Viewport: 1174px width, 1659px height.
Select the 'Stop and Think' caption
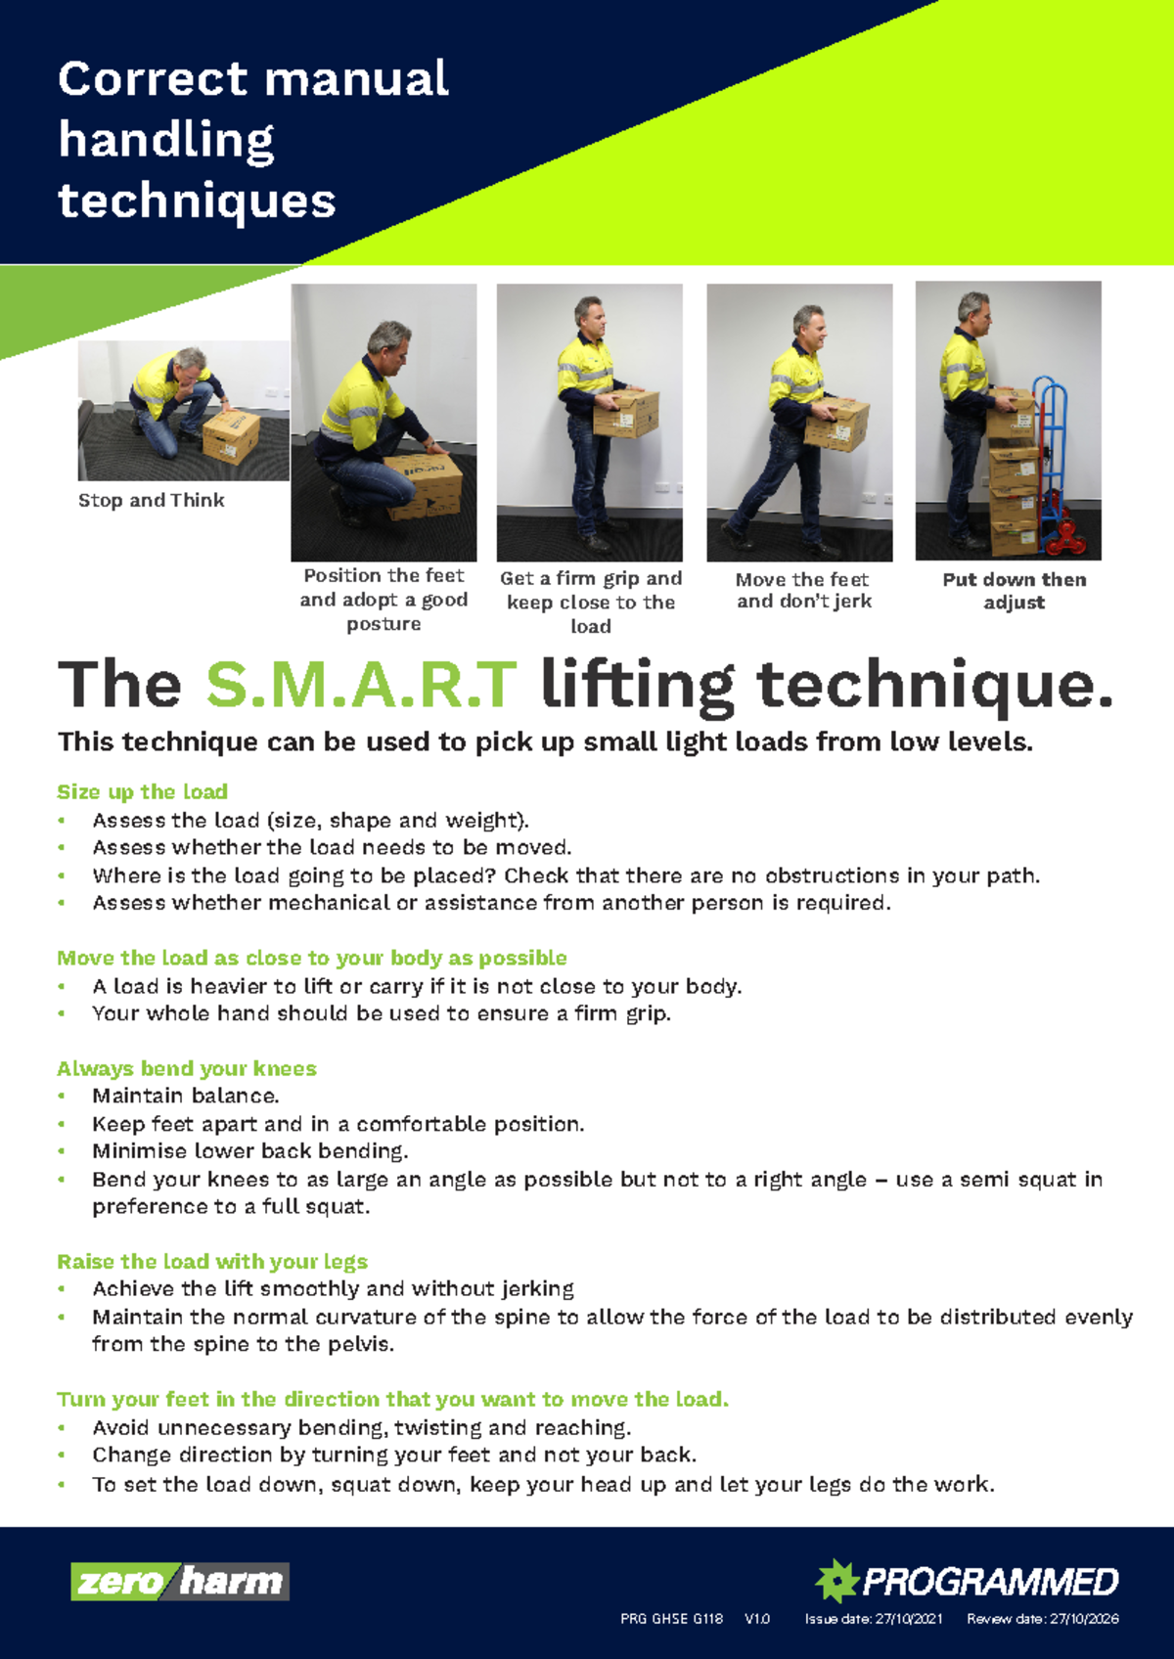pyautogui.click(x=152, y=500)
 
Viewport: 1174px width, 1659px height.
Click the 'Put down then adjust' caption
pyautogui.click(x=1014, y=591)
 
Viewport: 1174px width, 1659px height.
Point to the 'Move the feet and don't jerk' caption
pyautogui.click(x=803, y=591)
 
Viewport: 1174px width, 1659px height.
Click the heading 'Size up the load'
pyautogui.click(x=142, y=791)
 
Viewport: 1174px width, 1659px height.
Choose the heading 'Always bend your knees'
pyautogui.click(x=187, y=1068)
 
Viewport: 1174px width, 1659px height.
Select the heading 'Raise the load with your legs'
pyautogui.click(x=212, y=1261)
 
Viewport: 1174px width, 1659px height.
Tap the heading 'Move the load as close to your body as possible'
pyautogui.click(x=312, y=958)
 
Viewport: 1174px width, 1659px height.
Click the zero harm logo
pyautogui.click(x=180, y=1581)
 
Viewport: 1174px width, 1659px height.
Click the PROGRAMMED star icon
pyautogui.click(x=837, y=1580)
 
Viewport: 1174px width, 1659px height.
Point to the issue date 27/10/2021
pyautogui.click(x=909, y=1619)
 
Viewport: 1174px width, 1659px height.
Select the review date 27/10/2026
pyautogui.click(x=1084, y=1619)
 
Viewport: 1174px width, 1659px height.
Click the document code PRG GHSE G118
pyautogui.click(x=671, y=1619)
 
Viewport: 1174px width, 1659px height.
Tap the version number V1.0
pyautogui.click(x=757, y=1619)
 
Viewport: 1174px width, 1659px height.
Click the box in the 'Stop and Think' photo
pyautogui.click(x=232, y=435)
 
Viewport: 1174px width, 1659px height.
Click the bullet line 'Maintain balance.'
pyautogui.click(x=186, y=1096)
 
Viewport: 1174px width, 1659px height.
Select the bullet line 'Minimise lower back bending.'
pyautogui.click(x=250, y=1151)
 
